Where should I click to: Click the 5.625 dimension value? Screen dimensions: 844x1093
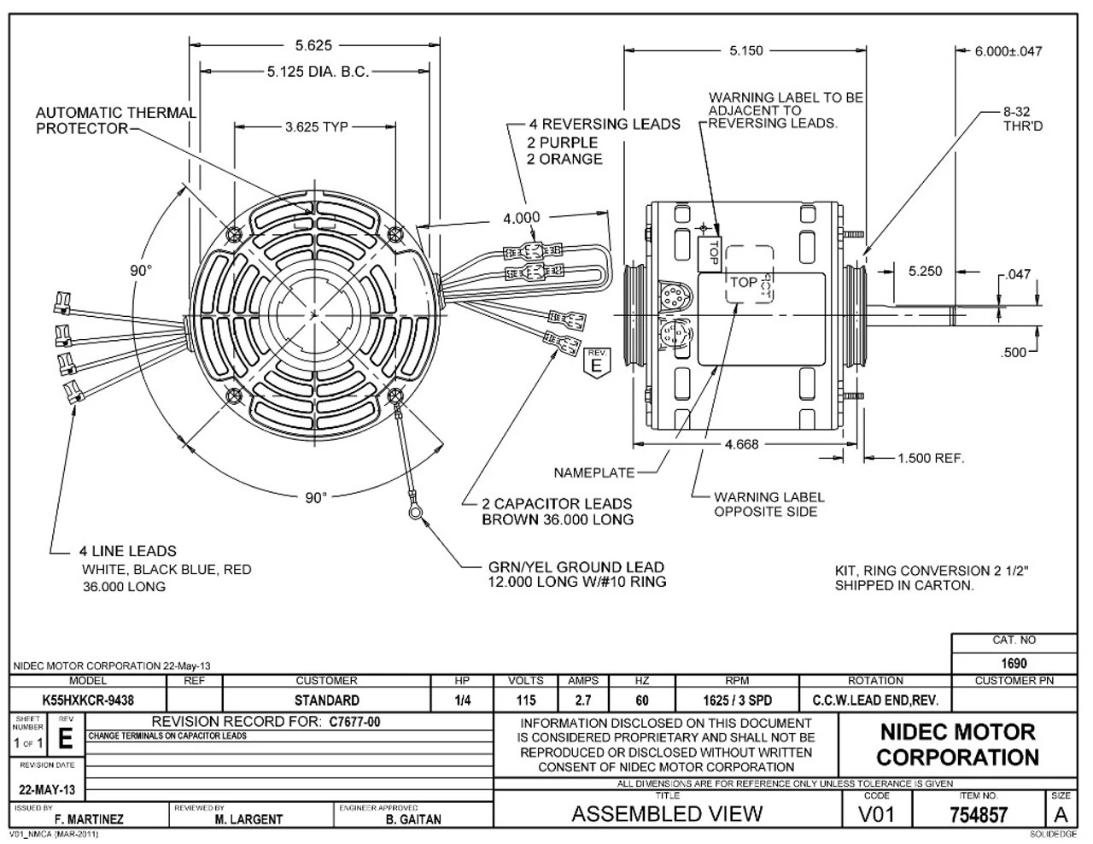pyautogui.click(x=313, y=45)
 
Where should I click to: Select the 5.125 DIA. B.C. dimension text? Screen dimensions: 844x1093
pyautogui.click(x=318, y=73)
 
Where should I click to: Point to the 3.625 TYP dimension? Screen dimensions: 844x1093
pyautogui.click(x=316, y=127)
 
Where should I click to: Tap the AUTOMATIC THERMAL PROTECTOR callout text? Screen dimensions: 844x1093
pyautogui.click(x=115, y=120)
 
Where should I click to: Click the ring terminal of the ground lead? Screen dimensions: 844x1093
pyautogui.click(x=413, y=512)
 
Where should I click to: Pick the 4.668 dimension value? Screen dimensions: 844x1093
pyautogui.click(x=741, y=444)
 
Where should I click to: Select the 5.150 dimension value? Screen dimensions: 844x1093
pyautogui.click(x=745, y=51)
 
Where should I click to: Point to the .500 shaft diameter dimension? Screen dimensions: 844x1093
pyautogui.click(x=1013, y=352)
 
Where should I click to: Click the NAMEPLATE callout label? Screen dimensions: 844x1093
pyautogui.click(x=594, y=472)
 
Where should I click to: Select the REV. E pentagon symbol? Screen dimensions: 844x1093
pyautogui.click(x=596, y=361)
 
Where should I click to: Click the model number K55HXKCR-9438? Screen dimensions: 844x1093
pyautogui.click(x=88, y=700)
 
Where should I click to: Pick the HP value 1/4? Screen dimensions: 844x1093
pyautogui.click(x=462, y=700)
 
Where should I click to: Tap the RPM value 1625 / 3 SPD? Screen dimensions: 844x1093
pyautogui.click(x=736, y=700)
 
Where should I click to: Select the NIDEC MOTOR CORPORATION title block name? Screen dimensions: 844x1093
pyautogui.click(x=956, y=744)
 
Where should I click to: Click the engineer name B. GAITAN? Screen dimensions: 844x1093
pyautogui.click(x=413, y=819)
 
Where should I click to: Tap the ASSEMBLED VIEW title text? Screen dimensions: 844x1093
pyautogui.click(x=666, y=813)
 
